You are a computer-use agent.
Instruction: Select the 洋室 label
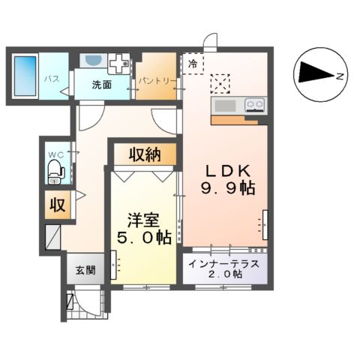click(x=142, y=220)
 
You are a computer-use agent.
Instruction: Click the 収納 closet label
click(x=145, y=154)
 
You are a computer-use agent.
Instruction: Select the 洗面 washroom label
click(x=102, y=85)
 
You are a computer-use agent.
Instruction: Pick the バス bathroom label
click(x=51, y=77)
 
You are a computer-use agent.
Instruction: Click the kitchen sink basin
click(x=223, y=105)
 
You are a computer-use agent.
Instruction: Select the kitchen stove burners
click(x=254, y=105)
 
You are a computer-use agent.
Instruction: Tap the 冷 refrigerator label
click(x=193, y=64)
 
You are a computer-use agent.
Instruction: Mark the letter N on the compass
click(x=339, y=76)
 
